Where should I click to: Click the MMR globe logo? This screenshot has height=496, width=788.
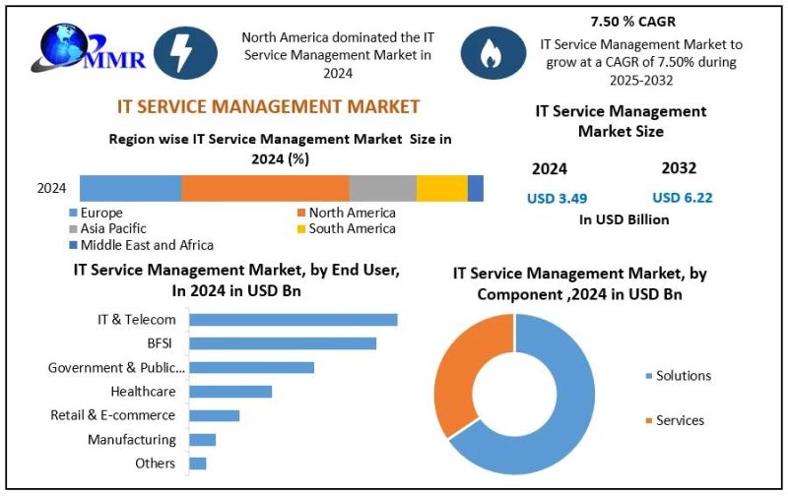point(89,48)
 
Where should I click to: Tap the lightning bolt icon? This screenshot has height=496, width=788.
point(185,53)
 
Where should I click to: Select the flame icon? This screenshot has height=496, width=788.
point(493,53)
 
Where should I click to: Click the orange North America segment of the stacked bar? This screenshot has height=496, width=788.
point(265,188)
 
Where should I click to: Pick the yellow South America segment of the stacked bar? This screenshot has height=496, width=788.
point(442,188)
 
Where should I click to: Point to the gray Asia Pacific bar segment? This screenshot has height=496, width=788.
point(383,188)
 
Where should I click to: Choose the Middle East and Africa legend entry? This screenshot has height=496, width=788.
point(141,245)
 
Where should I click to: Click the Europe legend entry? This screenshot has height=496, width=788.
point(96,213)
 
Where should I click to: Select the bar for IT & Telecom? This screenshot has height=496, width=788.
point(294,320)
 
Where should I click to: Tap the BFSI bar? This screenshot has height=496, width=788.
point(283,343)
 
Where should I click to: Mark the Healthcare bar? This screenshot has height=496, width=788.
point(230,392)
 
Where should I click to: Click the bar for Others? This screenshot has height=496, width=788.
point(198,464)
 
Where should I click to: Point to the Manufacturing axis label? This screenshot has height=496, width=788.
point(132,440)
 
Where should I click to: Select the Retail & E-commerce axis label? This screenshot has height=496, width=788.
point(112,415)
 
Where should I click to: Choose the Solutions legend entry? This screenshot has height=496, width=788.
point(679,376)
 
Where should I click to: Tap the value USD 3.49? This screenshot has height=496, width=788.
point(557,198)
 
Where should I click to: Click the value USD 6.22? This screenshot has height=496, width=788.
point(683,198)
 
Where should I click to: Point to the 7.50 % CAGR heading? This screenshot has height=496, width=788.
point(633,22)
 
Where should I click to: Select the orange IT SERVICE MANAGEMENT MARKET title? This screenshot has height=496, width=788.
point(268,106)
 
